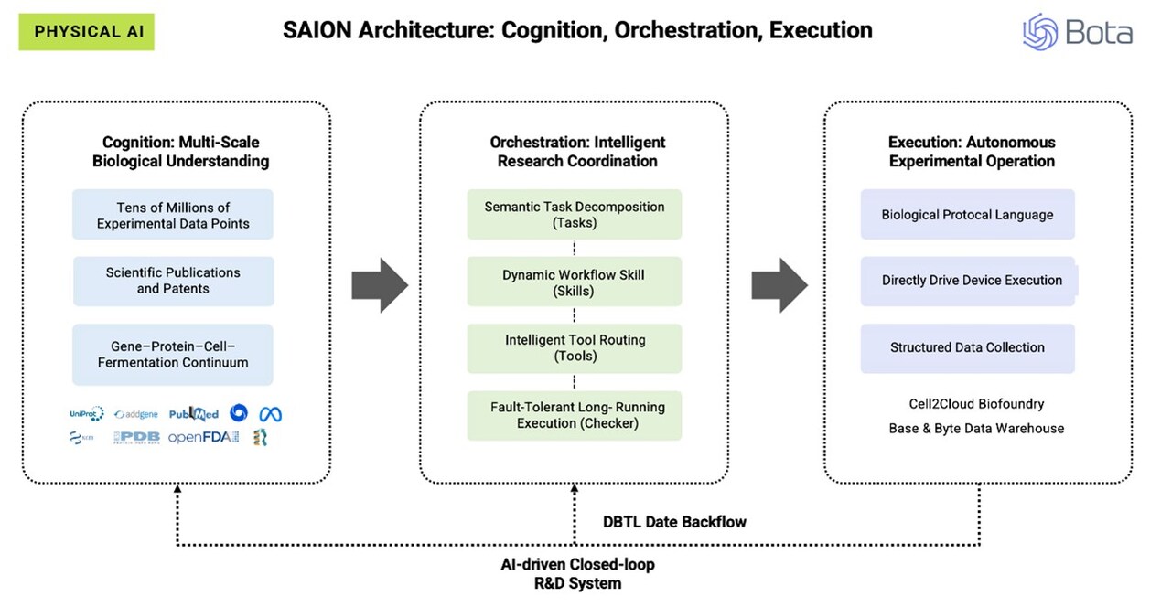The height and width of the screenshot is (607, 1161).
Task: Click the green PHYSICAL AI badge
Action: [86, 32]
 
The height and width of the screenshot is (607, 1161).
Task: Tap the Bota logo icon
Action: [1040, 32]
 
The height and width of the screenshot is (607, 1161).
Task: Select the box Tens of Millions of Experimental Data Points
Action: [173, 215]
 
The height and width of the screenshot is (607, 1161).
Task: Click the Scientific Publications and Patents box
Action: [173, 281]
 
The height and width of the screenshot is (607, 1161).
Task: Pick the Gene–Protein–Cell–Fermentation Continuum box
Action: [173, 355]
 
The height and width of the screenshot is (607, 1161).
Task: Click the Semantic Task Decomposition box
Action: [574, 215]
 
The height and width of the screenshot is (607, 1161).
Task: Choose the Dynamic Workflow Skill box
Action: [574, 282]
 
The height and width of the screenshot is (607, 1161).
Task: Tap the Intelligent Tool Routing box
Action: [574, 348]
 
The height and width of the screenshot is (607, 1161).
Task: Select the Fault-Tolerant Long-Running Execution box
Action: [574, 415]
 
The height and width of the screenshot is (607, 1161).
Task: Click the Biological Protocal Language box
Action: [967, 215]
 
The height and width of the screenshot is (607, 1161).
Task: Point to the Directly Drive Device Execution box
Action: [970, 281]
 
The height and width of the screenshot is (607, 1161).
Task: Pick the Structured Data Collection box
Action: [967, 347]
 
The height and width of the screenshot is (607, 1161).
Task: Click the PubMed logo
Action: [194, 414]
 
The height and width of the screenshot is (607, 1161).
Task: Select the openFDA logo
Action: [203, 438]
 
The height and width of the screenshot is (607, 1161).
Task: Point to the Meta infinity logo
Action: [270, 414]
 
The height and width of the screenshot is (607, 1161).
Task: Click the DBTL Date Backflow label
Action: [674, 522]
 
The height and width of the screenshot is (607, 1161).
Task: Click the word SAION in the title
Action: [316, 30]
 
